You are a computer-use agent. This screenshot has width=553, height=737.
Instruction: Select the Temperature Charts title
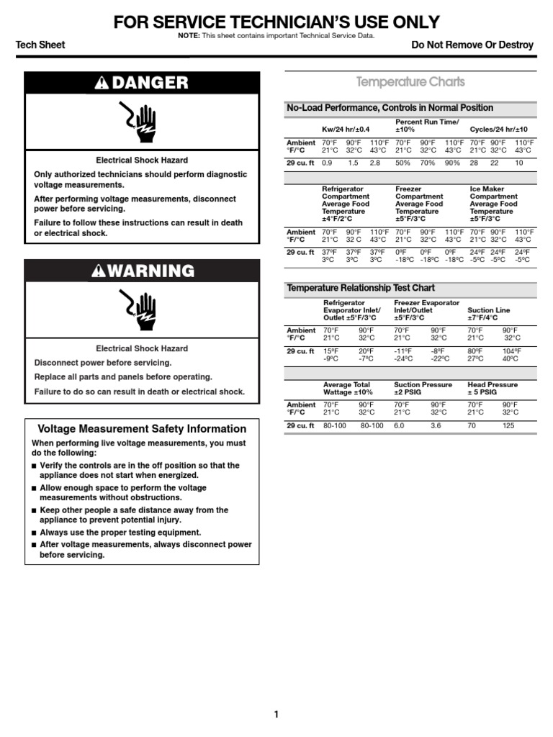[411, 82]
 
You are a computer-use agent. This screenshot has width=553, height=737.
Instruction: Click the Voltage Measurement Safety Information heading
[142, 428]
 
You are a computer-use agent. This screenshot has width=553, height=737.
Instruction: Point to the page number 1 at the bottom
[276, 715]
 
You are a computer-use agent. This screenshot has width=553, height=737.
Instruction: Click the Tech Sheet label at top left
[40, 45]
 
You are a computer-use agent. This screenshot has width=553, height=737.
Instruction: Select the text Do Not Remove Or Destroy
[472, 45]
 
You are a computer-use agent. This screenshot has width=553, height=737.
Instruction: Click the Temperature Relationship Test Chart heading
[361, 288]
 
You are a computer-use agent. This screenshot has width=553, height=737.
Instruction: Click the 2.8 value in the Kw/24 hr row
[374, 163]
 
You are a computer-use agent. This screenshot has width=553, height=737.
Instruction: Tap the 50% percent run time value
[403, 163]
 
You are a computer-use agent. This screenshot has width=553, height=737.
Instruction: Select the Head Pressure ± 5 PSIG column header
[493, 389]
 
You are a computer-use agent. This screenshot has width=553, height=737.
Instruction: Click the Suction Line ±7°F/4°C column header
[489, 314]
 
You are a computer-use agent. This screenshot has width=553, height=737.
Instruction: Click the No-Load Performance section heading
[390, 108]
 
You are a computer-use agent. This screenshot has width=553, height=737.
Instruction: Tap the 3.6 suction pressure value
[436, 426]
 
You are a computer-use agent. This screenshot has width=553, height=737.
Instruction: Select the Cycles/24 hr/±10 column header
[499, 130]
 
